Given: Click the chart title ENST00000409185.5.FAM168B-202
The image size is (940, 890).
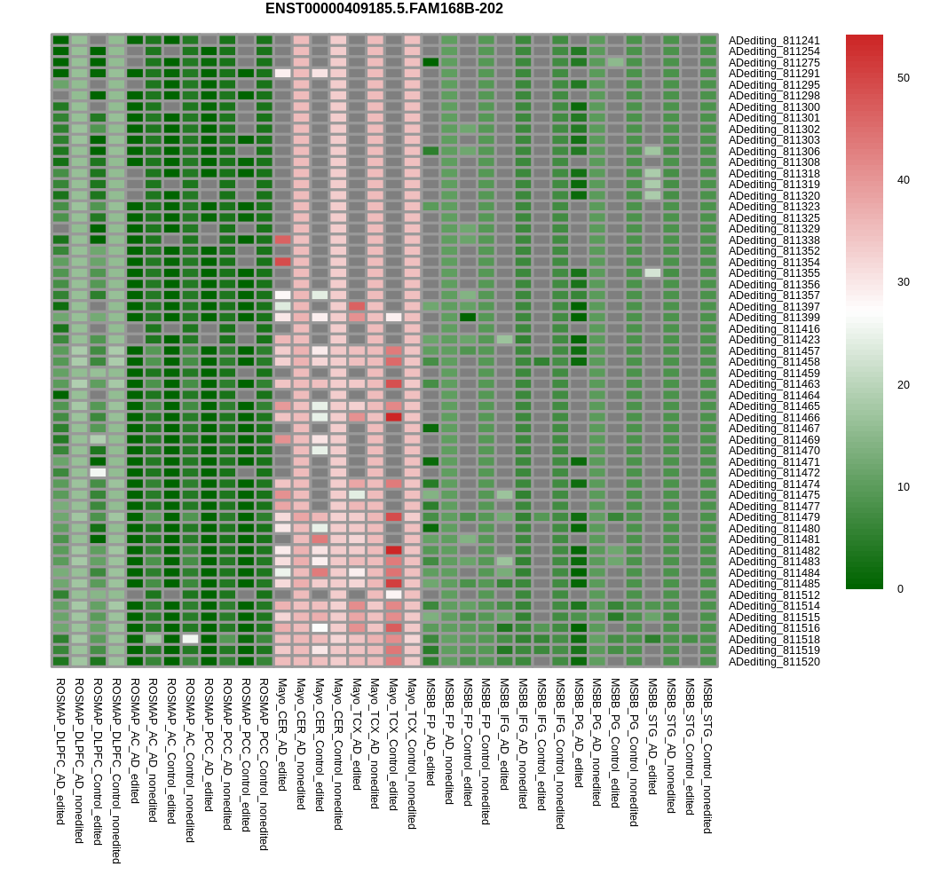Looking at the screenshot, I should tap(383, 9).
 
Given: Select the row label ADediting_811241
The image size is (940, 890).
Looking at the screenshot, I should tap(774, 41).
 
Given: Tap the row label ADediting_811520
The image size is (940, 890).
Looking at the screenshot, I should tap(774, 662).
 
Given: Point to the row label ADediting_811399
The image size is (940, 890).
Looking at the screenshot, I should tap(774, 318).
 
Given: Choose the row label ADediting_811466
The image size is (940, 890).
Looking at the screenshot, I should tap(774, 418).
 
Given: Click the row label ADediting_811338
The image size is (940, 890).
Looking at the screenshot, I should tap(774, 240).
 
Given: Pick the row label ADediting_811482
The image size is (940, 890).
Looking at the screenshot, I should tap(774, 551).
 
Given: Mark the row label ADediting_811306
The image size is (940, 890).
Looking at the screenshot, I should tap(774, 152).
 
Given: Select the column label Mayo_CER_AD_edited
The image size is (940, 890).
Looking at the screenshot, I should tap(282, 735).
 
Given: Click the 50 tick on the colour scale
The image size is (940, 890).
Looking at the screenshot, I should tap(903, 78).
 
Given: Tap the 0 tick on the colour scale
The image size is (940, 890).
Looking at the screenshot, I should tap(899, 589).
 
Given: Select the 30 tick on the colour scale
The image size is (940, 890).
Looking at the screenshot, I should tap(903, 282).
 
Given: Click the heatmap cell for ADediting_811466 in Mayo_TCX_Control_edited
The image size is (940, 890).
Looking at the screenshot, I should tap(393, 417).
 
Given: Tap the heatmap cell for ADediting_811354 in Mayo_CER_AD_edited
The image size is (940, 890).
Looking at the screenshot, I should tap(282, 262).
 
